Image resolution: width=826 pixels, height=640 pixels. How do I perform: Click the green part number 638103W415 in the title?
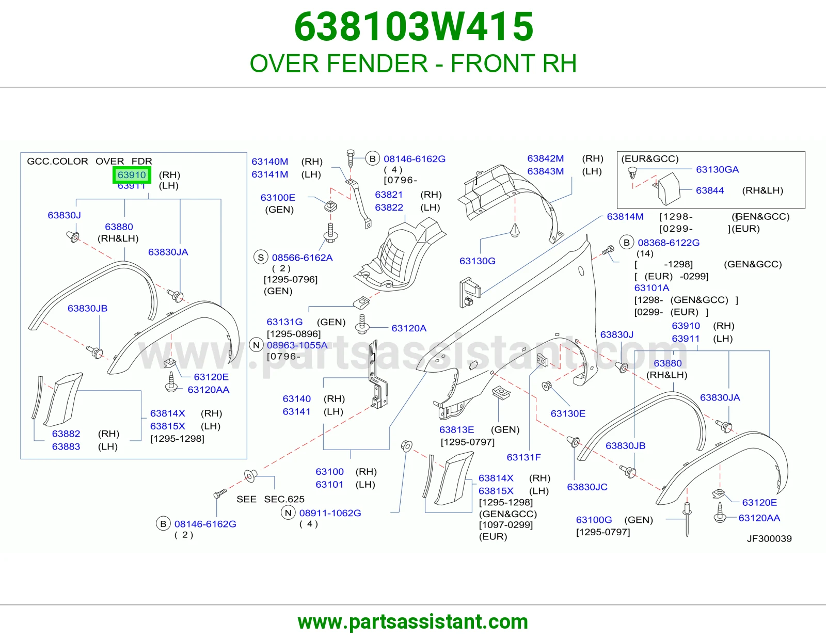[x=414, y=27]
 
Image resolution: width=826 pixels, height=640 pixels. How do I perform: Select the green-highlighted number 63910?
[x=132, y=175]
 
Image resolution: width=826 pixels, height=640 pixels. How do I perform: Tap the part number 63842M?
[x=546, y=158]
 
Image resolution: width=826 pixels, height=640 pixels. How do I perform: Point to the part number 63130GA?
[x=717, y=169]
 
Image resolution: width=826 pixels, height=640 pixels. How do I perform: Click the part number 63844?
[x=710, y=190]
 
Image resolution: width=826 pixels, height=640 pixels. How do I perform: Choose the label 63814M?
[x=625, y=217]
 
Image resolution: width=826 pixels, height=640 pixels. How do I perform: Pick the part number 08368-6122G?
[x=669, y=243]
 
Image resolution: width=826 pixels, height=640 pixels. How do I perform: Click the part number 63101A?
[x=652, y=287]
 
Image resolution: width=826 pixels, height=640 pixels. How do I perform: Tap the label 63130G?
[x=478, y=261]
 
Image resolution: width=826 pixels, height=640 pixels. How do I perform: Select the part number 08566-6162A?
[x=302, y=258]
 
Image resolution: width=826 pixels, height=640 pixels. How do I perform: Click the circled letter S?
[x=261, y=258]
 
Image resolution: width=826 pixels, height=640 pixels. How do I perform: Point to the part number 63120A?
[x=409, y=328]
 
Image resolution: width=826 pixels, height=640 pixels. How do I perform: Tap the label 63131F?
[x=523, y=457]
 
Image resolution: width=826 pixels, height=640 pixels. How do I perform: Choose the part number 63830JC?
[x=587, y=487]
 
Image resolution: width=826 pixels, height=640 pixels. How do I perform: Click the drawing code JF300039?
[x=769, y=538]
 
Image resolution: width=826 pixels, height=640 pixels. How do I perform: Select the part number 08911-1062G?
[x=330, y=513]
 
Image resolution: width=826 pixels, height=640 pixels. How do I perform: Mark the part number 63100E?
[x=278, y=198]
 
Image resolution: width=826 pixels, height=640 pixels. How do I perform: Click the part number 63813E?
[x=456, y=430]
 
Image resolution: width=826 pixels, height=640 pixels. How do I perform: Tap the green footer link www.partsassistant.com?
[x=413, y=622]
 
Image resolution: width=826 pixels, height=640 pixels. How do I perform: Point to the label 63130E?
[x=568, y=413]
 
